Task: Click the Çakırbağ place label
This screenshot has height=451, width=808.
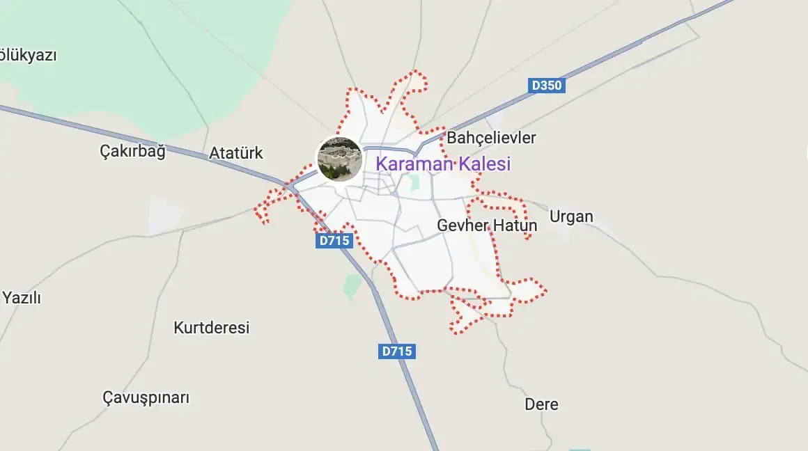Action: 132,151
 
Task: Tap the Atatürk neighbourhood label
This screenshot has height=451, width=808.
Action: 236,153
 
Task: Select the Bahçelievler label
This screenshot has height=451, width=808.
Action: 491,138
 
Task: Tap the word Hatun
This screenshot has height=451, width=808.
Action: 515,225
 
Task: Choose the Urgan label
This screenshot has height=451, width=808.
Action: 571,216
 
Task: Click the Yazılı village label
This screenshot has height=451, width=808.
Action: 22,298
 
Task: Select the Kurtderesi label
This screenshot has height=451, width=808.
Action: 211,327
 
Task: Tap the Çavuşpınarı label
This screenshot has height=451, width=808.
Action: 146,398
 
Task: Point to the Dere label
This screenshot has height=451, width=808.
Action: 541,404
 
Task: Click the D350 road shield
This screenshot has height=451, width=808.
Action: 546,86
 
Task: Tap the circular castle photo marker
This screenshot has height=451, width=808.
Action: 339,159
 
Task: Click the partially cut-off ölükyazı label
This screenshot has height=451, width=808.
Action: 28,55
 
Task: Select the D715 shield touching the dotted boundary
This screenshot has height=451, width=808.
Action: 334,241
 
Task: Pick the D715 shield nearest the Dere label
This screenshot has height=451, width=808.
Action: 398,351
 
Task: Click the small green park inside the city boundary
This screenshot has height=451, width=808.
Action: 414,183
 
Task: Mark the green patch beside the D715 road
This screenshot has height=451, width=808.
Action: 352,285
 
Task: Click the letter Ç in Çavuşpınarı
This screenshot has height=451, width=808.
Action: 108,398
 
